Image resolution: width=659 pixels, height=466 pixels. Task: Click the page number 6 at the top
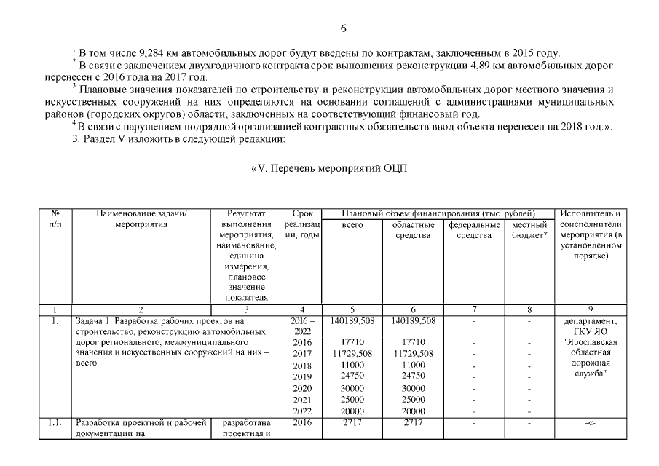(344, 28)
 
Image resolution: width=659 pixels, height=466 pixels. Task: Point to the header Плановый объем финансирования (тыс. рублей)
(439, 213)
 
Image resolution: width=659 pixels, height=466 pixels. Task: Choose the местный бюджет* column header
(529, 230)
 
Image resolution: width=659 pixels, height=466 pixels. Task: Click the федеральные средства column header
(473, 230)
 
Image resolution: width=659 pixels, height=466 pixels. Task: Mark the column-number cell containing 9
(590, 309)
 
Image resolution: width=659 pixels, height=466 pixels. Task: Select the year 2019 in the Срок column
(301, 376)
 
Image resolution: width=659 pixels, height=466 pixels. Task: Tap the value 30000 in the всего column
(352, 388)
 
